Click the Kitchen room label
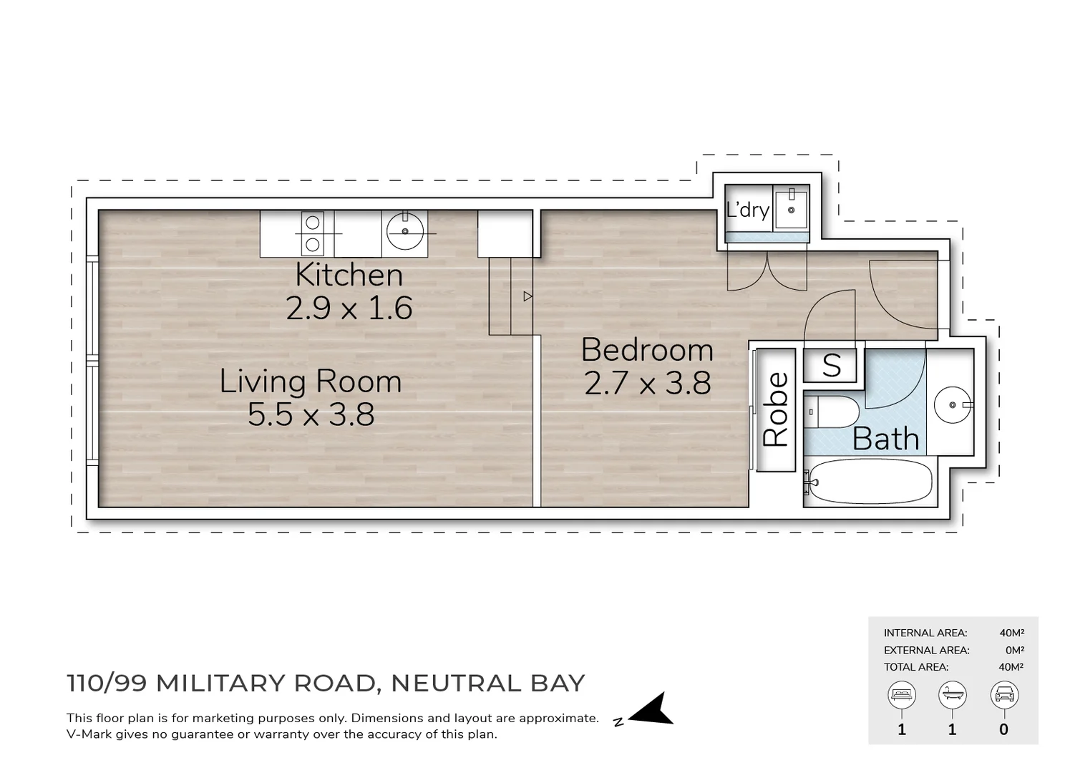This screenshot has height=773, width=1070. coord(349,276)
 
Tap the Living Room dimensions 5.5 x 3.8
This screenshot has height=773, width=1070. coord(311,415)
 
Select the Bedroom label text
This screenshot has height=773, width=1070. coord(647,350)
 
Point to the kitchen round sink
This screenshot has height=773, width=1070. coord(405,231)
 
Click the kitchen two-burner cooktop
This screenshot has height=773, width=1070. coord(313,233)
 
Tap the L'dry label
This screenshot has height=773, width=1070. coord(747,210)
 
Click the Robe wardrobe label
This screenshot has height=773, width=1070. coord(776,409)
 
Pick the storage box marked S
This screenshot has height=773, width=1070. coord(830,366)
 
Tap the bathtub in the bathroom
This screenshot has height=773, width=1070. coord(870,482)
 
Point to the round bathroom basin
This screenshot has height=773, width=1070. coord(952,405)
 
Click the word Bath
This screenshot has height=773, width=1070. coord(885,439)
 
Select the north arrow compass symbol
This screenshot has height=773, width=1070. coord(651,710)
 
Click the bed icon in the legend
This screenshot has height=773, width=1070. coord(901,694)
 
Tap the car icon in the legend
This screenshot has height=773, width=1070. coord(1003,694)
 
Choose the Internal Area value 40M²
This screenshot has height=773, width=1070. coord(1011,633)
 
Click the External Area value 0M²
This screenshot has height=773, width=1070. coord(1014,650)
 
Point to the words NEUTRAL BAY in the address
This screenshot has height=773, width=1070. coord(488,683)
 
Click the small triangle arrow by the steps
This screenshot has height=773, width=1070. coord(527,296)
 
